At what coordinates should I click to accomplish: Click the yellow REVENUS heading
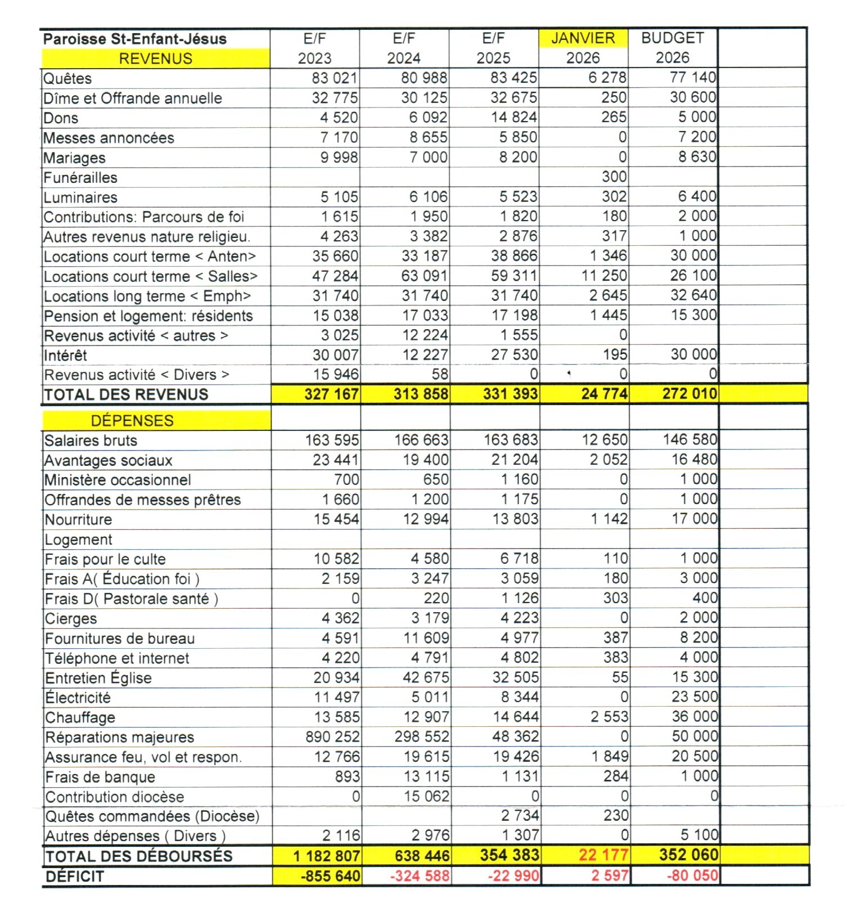(x=155, y=59)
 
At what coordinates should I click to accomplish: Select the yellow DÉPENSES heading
(x=132, y=420)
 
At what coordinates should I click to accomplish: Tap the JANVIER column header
(x=583, y=38)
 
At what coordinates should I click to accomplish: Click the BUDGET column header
(x=672, y=38)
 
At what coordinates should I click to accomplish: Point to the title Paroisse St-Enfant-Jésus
(x=135, y=39)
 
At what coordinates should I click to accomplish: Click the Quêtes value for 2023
(x=335, y=78)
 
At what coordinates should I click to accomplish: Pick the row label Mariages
(x=74, y=158)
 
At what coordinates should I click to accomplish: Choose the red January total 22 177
(x=603, y=855)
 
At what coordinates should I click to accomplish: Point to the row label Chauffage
(x=80, y=717)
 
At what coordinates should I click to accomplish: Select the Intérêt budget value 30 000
(x=693, y=354)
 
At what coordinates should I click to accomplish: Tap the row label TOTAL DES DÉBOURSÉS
(x=138, y=856)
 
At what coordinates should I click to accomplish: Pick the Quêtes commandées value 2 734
(x=520, y=815)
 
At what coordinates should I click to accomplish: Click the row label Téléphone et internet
(x=117, y=658)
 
